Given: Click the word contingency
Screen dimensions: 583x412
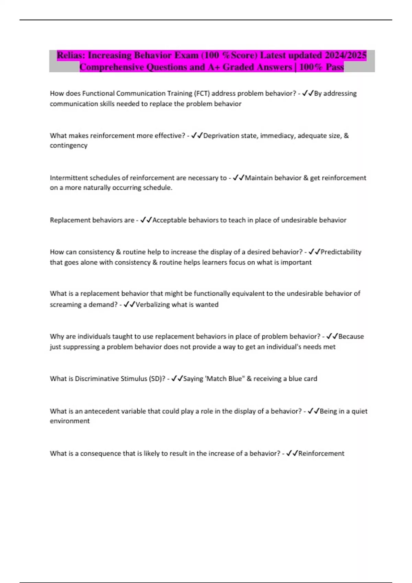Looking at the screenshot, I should (x=69, y=145).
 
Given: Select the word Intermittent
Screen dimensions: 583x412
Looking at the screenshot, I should (x=69, y=178).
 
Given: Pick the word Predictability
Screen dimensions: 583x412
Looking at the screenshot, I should (x=341, y=252).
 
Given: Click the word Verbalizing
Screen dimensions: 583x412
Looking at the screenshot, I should (x=152, y=305).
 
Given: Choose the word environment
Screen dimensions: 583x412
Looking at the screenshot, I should (x=70, y=421).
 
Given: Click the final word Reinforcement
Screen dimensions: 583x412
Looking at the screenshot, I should (x=321, y=453).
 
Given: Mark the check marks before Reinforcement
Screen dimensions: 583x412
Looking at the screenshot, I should (x=292, y=453).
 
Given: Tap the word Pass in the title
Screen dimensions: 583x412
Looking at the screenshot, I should (x=335, y=67).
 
